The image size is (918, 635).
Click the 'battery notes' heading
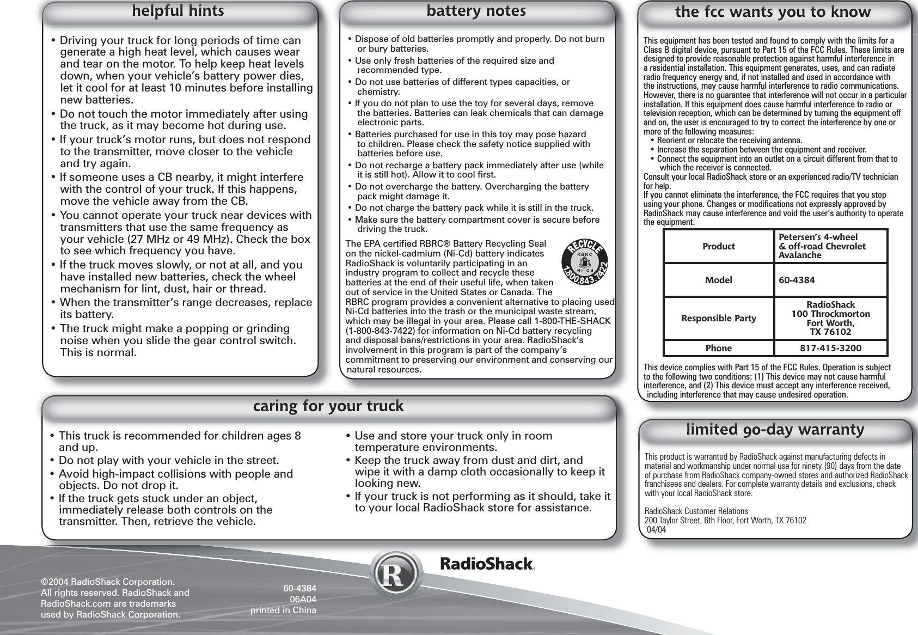pyautogui.click(x=476, y=11)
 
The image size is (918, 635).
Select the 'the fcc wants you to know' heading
pyautogui.click(x=773, y=12)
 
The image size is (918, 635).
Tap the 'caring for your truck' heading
pyautogui.click(x=329, y=406)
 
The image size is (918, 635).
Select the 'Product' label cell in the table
pyautogui.click(x=719, y=247)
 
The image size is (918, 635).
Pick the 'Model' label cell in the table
pyautogui.click(x=719, y=280)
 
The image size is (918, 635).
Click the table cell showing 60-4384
pyautogui.click(x=797, y=280)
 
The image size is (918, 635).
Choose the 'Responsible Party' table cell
pyautogui.click(x=719, y=319)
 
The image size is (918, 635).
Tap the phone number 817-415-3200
pyautogui.click(x=830, y=348)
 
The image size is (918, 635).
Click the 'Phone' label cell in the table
pyautogui.click(x=719, y=348)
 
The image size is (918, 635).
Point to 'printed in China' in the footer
pyautogui.click(x=283, y=610)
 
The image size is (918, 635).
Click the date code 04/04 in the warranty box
pyautogui.click(x=656, y=530)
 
